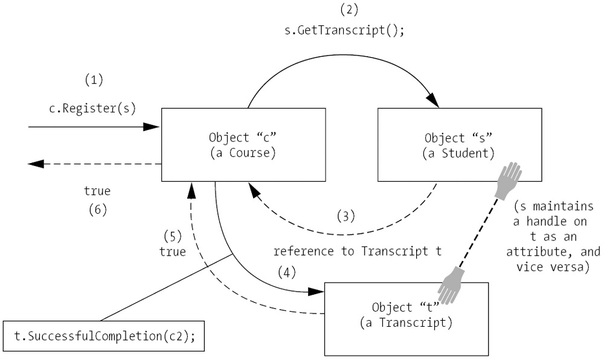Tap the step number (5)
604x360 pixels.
tap(173, 236)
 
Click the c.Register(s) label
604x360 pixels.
tap(92, 109)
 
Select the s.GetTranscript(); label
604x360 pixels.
tap(344, 30)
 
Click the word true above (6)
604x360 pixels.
tap(97, 191)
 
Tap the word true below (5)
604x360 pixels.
tap(173, 251)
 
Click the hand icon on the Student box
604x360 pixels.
tap(507, 181)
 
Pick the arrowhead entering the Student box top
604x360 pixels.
tap(432, 103)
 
